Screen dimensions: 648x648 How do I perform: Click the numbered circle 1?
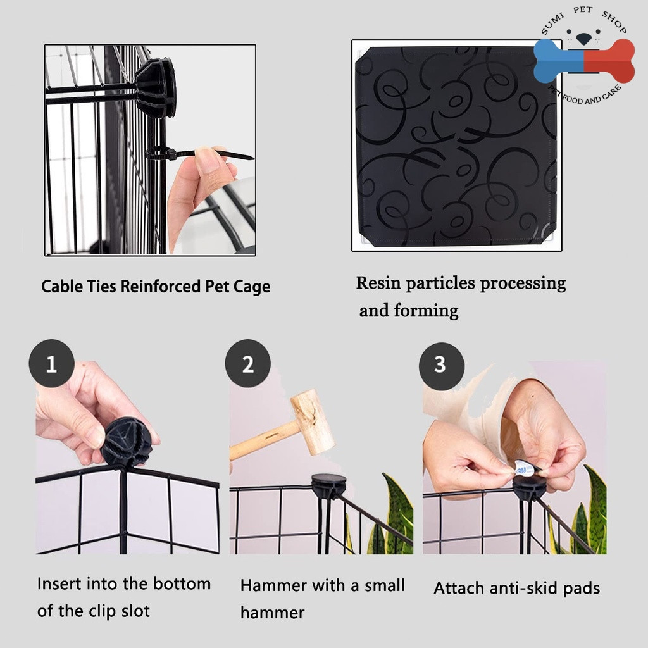point(52,364)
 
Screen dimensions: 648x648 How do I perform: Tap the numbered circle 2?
point(248,364)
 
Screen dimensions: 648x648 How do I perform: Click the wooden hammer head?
point(313,421)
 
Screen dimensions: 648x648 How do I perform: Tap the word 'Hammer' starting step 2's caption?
point(273,585)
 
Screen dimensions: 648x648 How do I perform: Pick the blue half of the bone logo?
point(558,61)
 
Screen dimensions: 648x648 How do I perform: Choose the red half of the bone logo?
point(609,61)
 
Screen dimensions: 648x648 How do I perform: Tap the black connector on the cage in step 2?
point(328,485)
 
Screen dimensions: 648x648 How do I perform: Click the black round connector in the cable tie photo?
point(156,87)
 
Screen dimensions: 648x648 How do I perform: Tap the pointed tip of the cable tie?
point(253,158)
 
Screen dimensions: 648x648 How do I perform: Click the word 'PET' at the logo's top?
point(583,10)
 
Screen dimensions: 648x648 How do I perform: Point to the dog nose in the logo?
point(583,39)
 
